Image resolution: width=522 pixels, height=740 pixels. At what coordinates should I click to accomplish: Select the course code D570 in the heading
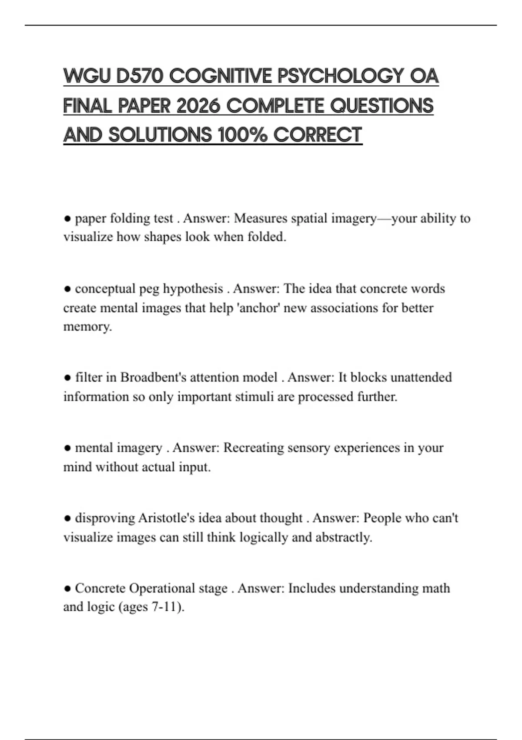point(140,76)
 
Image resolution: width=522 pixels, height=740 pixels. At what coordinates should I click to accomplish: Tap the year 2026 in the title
point(198,106)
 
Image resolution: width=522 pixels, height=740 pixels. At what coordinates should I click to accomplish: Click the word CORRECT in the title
point(318,135)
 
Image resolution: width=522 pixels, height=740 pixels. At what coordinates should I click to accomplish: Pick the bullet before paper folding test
point(67,218)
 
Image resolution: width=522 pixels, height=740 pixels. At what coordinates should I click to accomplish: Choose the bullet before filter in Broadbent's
point(67,377)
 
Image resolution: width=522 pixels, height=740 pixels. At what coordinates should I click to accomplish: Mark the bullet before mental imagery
point(67,447)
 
